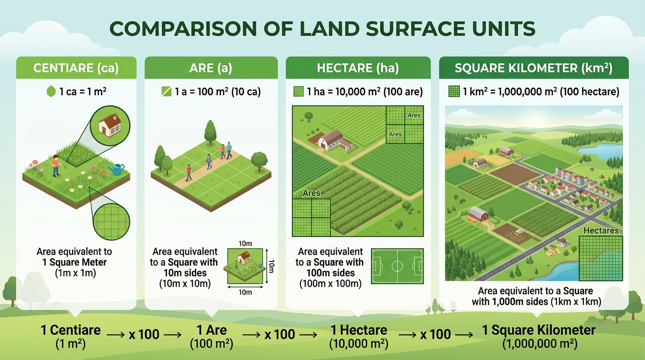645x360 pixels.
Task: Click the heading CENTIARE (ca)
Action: pyautogui.click(x=76, y=68)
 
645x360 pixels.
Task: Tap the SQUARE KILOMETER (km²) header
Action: pyautogui.click(x=533, y=68)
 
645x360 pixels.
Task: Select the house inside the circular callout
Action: pyautogui.click(x=110, y=125)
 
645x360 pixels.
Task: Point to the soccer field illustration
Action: pyautogui.click(x=397, y=266)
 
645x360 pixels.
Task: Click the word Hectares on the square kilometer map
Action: pyautogui.click(x=601, y=231)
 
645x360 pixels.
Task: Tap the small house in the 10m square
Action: pyautogui.click(x=243, y=257)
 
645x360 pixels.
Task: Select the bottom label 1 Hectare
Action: pyautogui.click(x=359, y=330)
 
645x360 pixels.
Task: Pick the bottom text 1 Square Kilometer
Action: pyautogui.click(x=539, y=330)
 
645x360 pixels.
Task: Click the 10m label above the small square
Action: pyautogui.click(x=245, y=244)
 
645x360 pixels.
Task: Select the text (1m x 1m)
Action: pyautogui.click(x=75, y=273)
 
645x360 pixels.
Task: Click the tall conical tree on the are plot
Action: pyautogui.click(x=210, y=131)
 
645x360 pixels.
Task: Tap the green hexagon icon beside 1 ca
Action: pyautogui.click(x=51, y=92)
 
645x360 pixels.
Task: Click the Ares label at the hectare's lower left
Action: pyautogui.click(x=311, y=193)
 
